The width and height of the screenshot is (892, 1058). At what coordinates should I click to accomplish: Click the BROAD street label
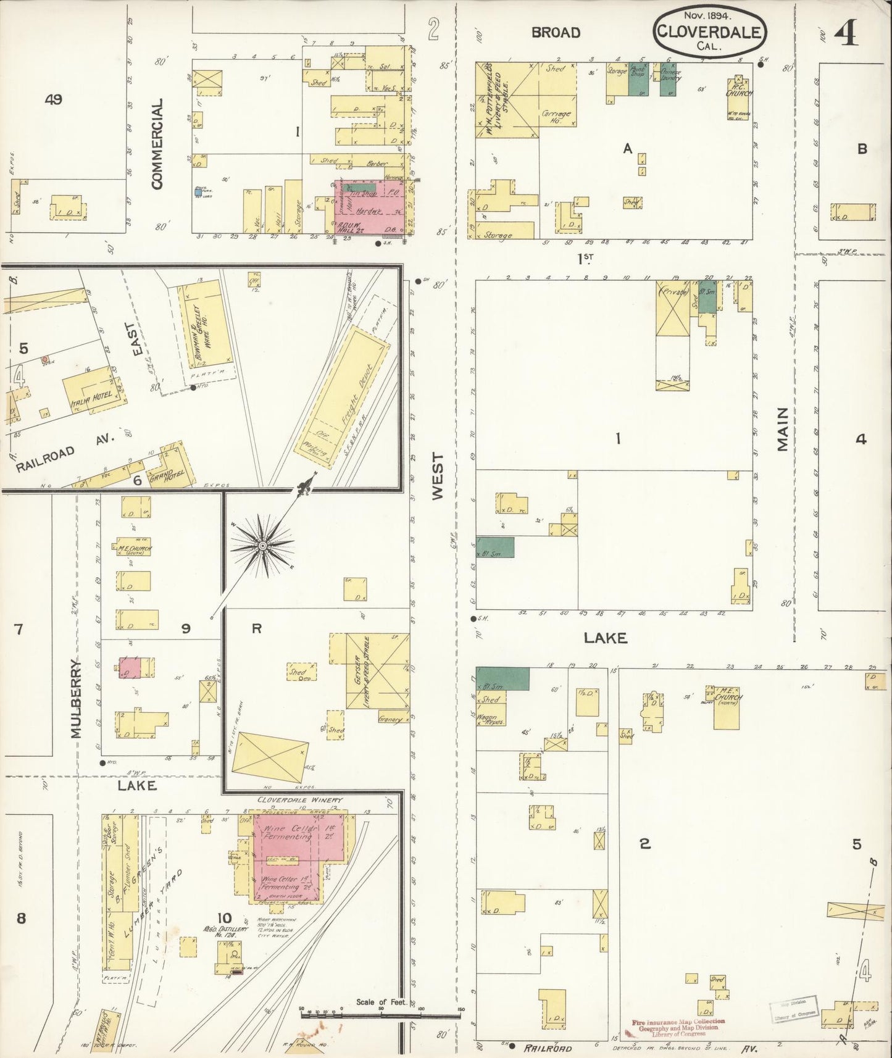point(556,33)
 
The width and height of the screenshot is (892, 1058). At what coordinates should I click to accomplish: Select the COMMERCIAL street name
point(157,143)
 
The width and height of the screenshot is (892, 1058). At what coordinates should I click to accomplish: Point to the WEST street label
point(437,476)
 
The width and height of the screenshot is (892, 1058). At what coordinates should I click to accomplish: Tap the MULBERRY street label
point(76,698)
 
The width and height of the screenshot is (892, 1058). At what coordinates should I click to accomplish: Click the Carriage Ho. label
point(557,117)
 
